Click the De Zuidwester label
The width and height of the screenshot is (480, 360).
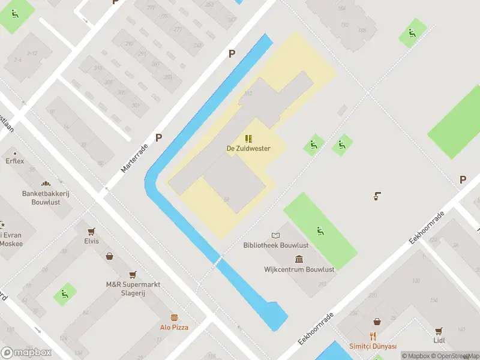pos(248,148)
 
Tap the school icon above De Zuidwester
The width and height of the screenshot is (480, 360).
pos(248,139)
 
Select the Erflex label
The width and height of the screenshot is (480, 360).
pos(15,161)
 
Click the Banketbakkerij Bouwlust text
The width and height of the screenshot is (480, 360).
pos(45,198)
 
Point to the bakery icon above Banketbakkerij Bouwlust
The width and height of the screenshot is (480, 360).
pos(45,184)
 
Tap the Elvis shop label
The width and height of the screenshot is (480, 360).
pos(91,241)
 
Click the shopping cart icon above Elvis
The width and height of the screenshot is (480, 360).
pos(91,231)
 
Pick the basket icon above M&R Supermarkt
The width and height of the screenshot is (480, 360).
pos(110,257)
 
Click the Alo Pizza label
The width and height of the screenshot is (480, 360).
pos(174,327)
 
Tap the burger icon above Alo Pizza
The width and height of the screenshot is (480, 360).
pos(174,316)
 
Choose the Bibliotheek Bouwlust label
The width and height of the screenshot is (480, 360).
pos(275,245)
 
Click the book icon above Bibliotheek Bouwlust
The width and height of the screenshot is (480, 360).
pos(275,235)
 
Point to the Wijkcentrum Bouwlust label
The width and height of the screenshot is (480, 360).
pos(299,269)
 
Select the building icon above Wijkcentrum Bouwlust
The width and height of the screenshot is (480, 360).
pos(299,259)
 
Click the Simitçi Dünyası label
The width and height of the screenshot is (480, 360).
pos(373,347)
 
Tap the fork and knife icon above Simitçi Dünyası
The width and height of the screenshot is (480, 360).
pos(373,336)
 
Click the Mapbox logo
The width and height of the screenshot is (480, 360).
pos(26,352)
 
